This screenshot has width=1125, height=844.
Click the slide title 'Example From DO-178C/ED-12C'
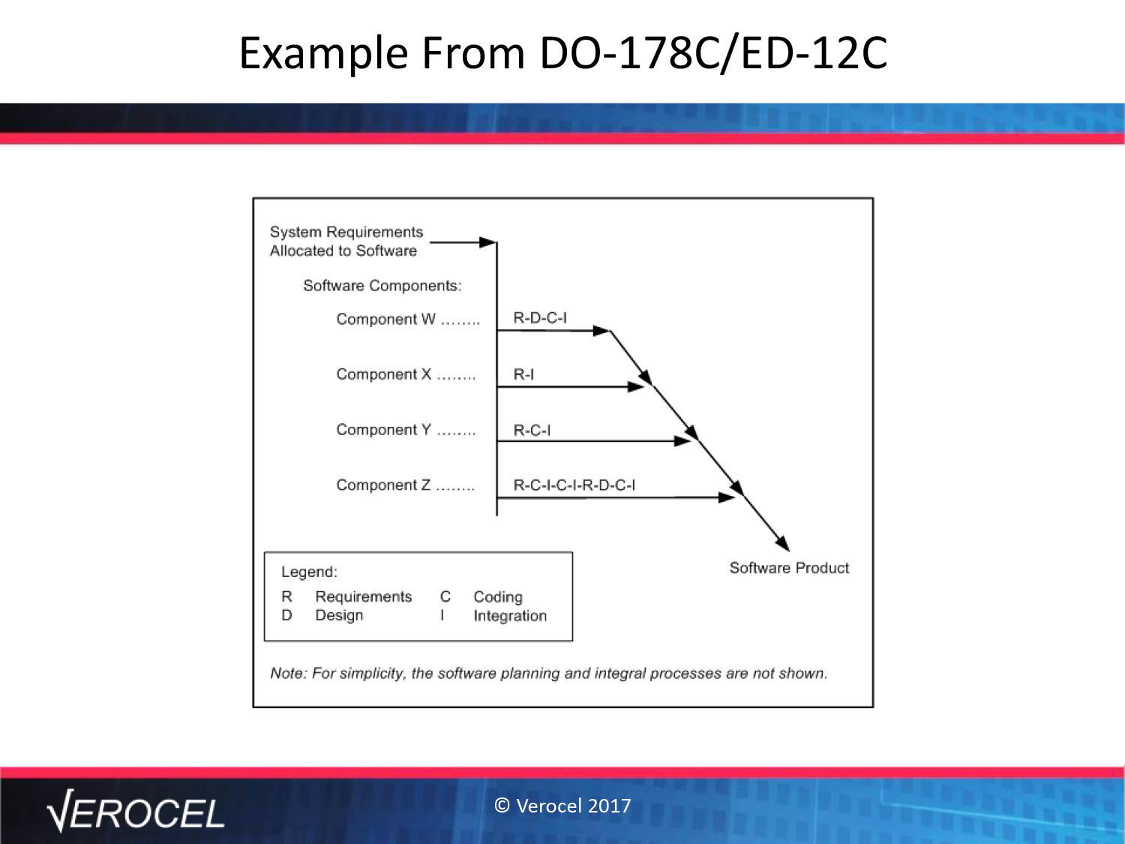tap(562, 53)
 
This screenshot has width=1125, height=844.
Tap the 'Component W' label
tap(386, 320)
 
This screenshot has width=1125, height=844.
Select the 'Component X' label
tap(384, 374)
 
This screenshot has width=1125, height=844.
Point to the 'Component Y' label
tap(384, 429)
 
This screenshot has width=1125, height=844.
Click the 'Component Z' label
tap(383, 485)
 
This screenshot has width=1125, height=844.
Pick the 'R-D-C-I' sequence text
tap(540, 318)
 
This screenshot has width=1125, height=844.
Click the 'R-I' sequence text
tap(523, 374)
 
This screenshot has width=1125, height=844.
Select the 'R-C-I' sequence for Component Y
tap(532, 430)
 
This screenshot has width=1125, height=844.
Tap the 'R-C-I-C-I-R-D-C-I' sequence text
tap(574, 485)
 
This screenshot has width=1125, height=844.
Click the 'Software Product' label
tap(789, 568)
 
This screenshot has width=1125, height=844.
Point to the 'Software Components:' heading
tap(382, 285)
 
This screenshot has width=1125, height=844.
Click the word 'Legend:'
tap(310, 572)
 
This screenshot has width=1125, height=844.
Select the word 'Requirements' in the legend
tap(364, 596)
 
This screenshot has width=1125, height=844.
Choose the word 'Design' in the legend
tap(339, 615)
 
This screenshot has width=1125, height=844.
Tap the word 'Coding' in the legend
tap(498, 597)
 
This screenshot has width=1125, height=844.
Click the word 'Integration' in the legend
tap(510, 615)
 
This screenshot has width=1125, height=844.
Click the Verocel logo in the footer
tap(136, 811)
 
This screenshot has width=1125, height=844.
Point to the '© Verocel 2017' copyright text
tap(562, 806)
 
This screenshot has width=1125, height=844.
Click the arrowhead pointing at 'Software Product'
tap(783, 543)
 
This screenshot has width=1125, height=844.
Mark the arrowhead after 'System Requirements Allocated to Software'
tap(487, 242)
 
